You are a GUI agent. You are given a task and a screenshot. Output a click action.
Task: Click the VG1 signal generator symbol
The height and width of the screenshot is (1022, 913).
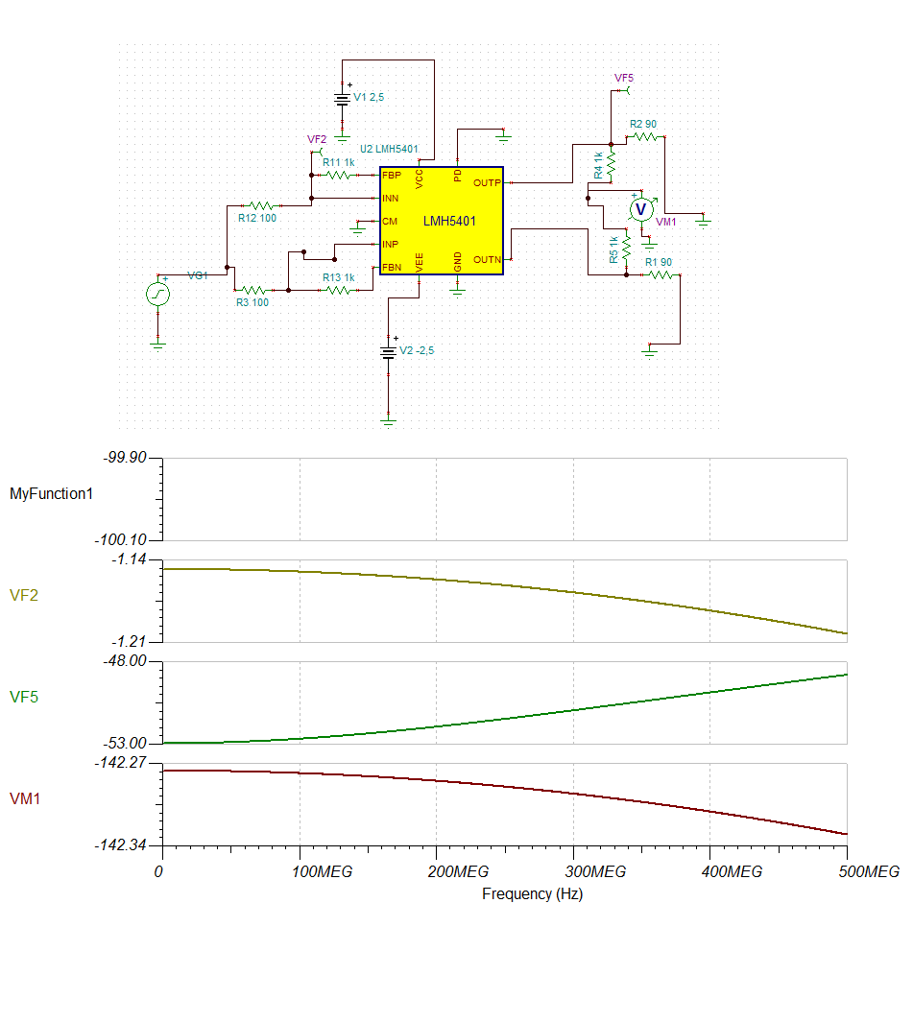[158, 294]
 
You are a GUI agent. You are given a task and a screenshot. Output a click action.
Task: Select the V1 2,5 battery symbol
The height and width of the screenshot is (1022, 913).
[342, 99]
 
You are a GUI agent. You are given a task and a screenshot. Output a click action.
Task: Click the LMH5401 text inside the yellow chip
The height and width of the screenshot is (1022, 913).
[449, 222]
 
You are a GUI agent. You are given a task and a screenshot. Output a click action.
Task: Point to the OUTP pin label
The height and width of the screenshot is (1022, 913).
[488, 182]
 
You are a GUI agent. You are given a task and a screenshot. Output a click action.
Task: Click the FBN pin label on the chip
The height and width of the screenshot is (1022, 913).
[392, 267]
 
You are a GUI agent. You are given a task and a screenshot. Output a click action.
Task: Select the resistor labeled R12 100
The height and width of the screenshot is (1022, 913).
[261, 205]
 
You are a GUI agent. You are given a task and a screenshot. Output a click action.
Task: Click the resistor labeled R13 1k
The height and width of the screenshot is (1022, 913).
[339, 289]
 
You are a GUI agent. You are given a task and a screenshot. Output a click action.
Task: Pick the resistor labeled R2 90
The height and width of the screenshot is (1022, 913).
[644, 137]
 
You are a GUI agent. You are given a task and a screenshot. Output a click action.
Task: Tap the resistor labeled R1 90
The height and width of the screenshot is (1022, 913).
[660, 274]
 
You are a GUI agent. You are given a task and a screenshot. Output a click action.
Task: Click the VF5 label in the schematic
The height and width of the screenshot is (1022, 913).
[624, 77]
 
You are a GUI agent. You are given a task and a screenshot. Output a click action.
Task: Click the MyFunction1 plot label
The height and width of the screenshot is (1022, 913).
[50, 494]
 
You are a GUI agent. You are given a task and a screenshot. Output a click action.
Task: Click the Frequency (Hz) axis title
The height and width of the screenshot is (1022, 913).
[532, 893]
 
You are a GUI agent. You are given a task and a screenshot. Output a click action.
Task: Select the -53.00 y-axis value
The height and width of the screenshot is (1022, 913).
[125, 744]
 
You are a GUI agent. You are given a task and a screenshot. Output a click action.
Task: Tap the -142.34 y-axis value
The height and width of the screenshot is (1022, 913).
[121, 845]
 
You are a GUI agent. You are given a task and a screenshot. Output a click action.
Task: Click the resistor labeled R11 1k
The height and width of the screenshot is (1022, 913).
[337, 175]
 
